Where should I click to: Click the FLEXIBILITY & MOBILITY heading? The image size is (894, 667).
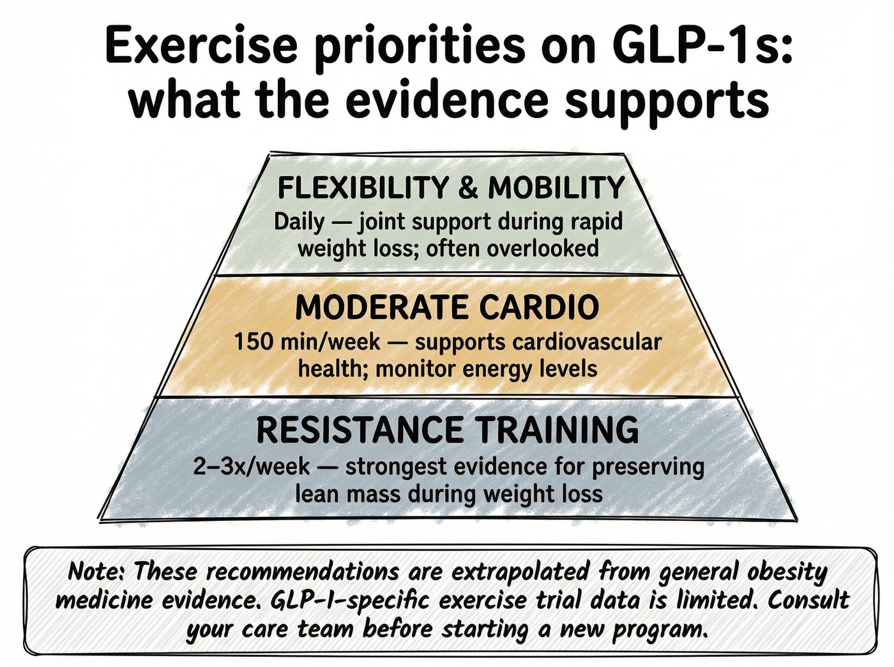click(451, 188)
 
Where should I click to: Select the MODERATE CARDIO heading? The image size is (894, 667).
click(447, 308)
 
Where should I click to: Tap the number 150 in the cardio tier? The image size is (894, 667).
click(254, 343)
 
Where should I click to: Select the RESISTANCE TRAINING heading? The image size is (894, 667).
click(448, 430)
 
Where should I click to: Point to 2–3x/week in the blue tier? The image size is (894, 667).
click(252, 467)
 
